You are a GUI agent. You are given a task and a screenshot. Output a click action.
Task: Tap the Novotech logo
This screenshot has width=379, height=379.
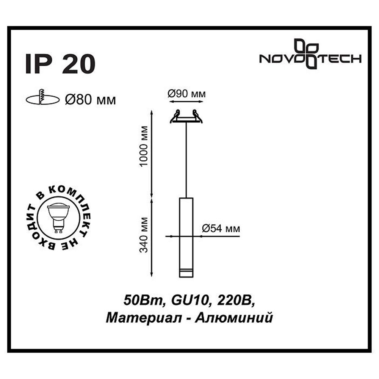[310, 55]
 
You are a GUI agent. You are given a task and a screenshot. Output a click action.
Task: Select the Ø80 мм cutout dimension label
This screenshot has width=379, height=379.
[90, 100]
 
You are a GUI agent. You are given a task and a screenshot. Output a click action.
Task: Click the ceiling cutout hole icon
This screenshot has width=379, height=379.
[42, 99]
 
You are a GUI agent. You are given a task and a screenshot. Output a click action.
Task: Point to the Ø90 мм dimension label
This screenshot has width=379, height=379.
[186, 94]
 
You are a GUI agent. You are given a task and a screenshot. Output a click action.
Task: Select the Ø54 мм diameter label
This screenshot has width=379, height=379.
[221, 228]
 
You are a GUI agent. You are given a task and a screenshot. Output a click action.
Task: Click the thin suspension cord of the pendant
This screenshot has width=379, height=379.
[186, 159]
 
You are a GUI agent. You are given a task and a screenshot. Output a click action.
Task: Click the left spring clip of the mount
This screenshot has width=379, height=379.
[175, 116]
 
